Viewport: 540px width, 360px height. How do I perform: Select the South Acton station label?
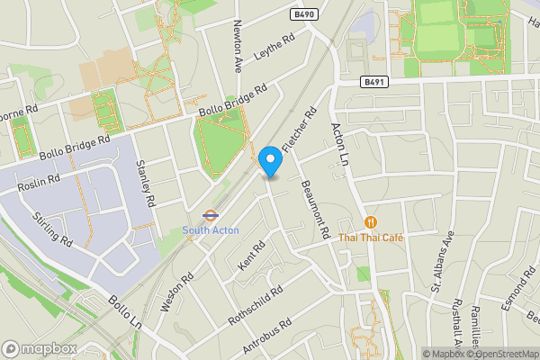pos(211,230)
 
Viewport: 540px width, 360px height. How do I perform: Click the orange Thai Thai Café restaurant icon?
pos(370,222)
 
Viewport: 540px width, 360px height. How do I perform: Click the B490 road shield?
pos(305,15)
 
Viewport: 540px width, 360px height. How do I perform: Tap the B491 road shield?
pos(375,81)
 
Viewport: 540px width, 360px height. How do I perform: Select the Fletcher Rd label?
pos(300,130)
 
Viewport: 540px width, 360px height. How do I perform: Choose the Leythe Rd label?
pos(275,48)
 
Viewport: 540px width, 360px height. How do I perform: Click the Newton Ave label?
pos(238,46)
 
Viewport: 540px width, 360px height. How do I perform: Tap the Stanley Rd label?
pos(145,181)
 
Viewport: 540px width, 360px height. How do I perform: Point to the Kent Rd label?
pos(252,256)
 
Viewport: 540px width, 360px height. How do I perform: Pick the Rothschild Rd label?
pos(256,306)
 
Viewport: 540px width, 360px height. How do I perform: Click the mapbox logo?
pos(39,348)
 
